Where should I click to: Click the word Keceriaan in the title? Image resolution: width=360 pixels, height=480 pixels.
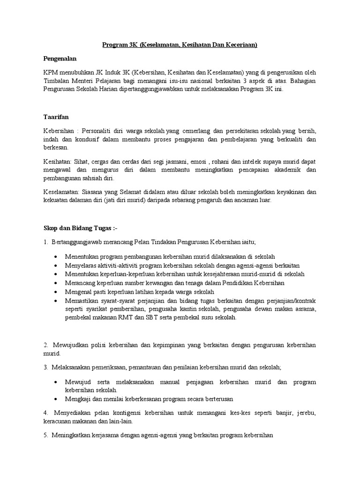(240, 45)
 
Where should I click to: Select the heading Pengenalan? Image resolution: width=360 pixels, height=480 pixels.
(60, 59)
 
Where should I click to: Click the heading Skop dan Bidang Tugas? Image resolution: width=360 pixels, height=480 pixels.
(75, 228)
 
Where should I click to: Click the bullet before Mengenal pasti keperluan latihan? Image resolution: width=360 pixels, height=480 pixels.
(56, 292)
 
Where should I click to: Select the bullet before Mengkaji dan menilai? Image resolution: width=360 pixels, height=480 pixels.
(56, 399)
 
